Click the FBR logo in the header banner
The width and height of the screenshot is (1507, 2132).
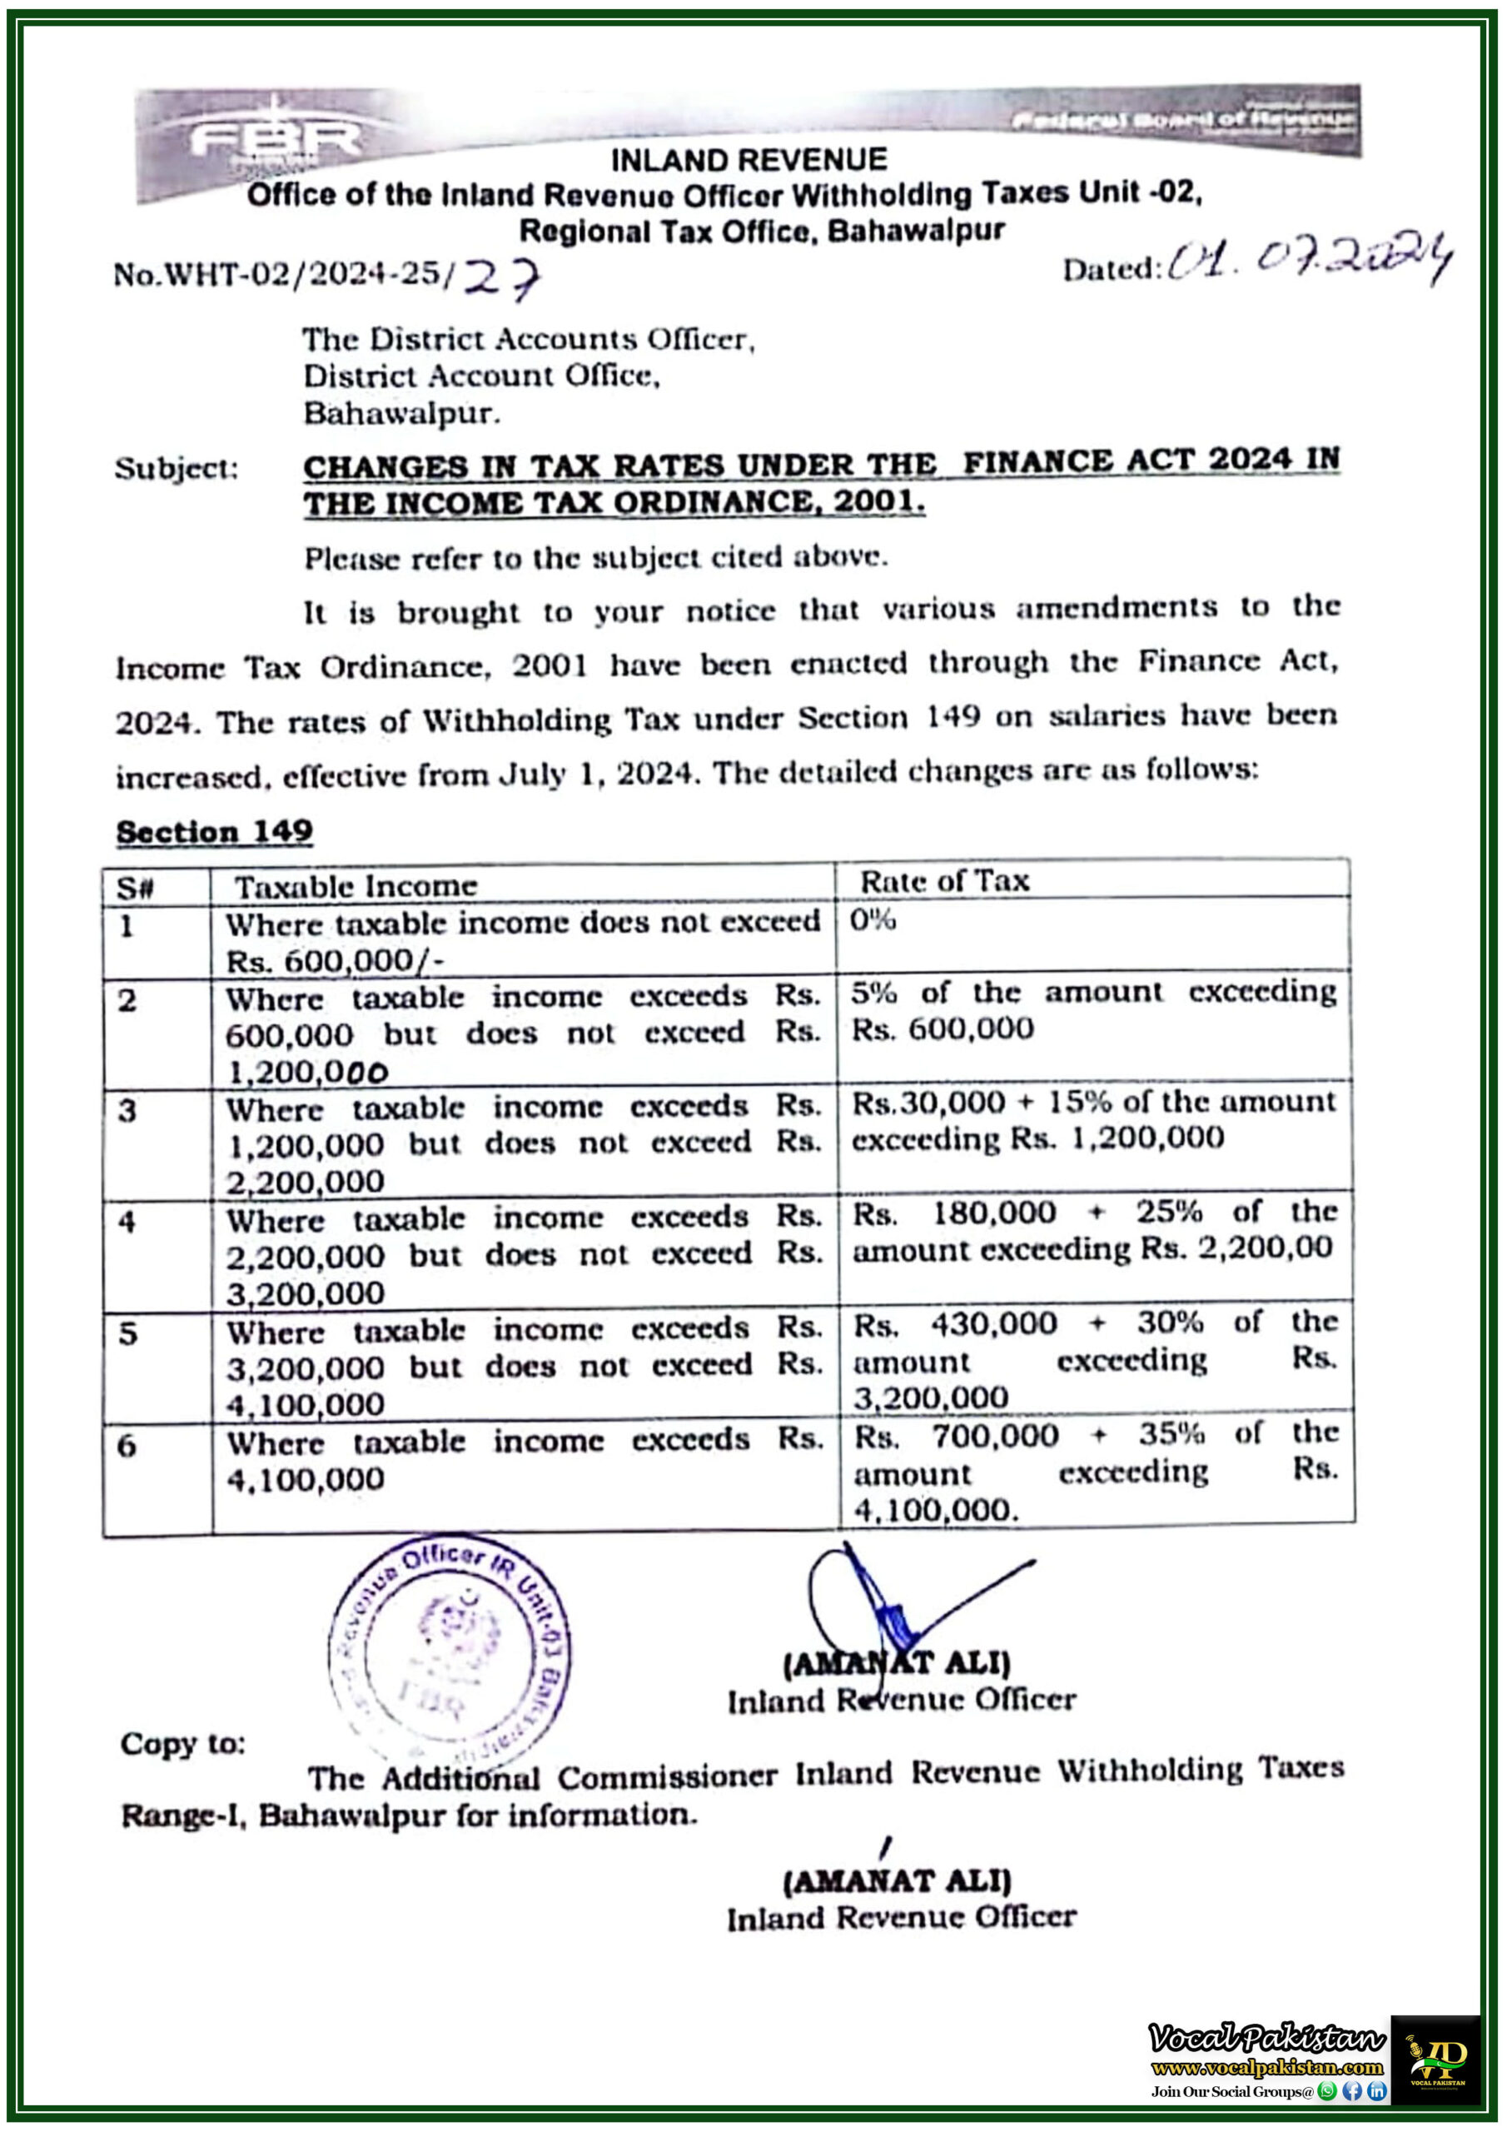click(275, 140)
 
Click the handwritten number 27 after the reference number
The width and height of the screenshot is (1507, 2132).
click(501, 276)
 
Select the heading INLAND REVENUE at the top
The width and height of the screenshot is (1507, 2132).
click(749, 161)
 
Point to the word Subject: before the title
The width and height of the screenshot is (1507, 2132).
click(177, 468)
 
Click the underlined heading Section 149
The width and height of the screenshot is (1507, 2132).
click(215, 831)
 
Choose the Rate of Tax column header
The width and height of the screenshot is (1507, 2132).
click(944, 881)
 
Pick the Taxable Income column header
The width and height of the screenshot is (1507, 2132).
click(356, 887)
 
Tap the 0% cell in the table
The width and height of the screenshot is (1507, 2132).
click(872, 920)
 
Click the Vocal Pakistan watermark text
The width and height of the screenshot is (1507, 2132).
click(1266, 2040)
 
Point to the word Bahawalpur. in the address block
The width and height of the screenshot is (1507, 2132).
click(402, 413)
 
